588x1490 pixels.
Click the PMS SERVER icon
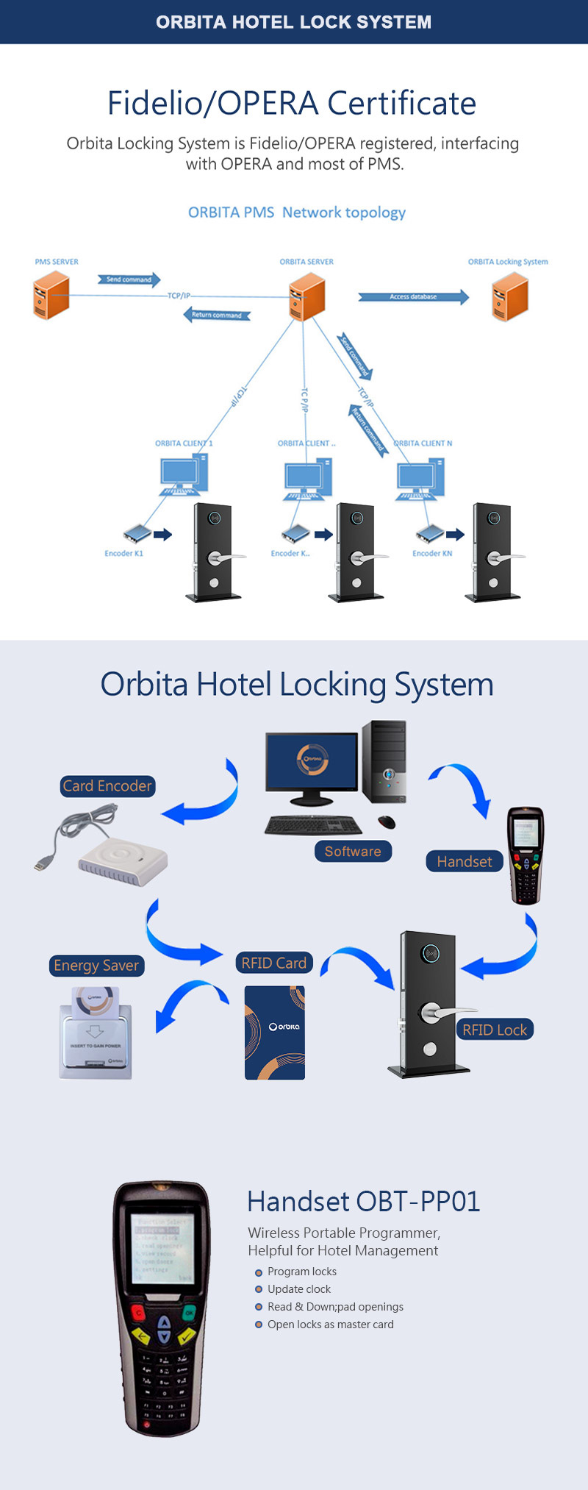[51, 296]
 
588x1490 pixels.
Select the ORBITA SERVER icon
[306, 296]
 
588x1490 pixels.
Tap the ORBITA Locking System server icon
[510, 296]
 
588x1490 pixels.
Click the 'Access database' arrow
[413, 297]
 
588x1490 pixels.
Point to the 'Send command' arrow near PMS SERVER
[129, 279]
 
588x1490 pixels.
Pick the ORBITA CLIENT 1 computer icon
[184, 475]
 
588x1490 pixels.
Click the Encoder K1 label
[123, 554]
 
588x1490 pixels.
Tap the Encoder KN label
[432, 554]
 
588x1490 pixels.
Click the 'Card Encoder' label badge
[107, 786]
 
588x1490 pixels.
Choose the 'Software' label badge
[353, 852]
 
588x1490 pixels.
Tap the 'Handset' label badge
[464, 862]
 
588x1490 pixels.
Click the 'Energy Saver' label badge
[96, 966]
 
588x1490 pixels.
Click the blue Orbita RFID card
[275, 1033]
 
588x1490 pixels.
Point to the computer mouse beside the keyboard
[387, 821]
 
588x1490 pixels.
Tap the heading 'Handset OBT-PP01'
[363, 1202]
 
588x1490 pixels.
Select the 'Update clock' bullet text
[298, 1289]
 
